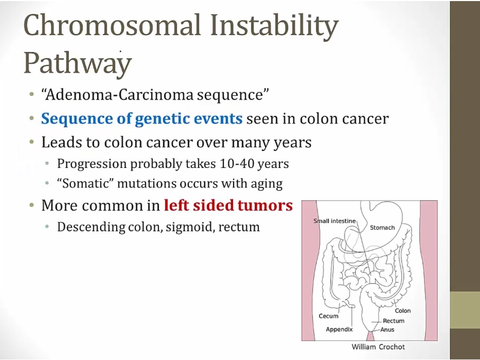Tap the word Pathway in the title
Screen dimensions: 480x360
(78, 63)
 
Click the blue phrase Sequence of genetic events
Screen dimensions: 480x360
(142, 119)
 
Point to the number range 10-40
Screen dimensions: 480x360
(237, 164)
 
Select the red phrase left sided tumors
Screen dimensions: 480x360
(228, 205)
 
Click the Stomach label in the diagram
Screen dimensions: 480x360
(382, 228)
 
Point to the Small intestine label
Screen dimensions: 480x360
(334, 221)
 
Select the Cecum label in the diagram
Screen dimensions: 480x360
(329, 316)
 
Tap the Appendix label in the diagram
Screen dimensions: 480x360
(339, 330)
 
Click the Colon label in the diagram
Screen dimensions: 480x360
(403, 311)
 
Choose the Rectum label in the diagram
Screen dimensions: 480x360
(394, 321)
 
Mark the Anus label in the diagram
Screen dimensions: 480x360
(387, 330)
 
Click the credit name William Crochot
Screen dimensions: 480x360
(378, 347)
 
